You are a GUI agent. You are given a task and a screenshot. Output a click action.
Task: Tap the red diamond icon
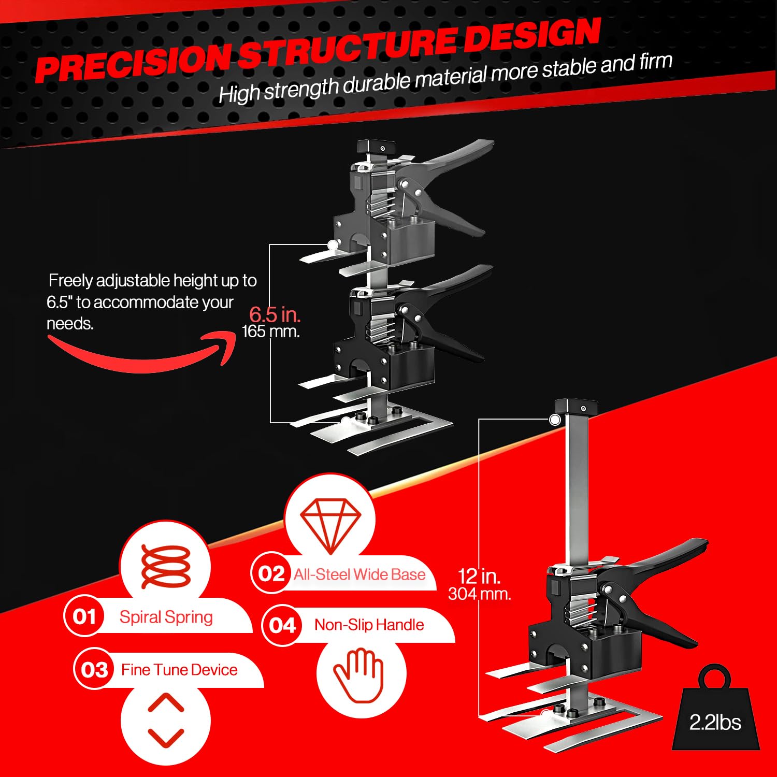tap(330, 525)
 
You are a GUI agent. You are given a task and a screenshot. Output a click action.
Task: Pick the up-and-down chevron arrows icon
tap(166, 720)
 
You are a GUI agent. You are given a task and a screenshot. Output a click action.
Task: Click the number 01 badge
tap(84, 616)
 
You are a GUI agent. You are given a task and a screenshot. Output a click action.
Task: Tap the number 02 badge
tap(271, 573)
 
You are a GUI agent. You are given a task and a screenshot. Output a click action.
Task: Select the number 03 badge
tap(94, 670)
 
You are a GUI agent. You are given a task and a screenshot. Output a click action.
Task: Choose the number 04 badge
tap(282, 625)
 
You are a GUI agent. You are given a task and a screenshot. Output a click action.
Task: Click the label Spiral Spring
tap(166, 617)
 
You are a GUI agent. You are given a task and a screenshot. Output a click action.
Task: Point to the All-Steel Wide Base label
tap(359, 574)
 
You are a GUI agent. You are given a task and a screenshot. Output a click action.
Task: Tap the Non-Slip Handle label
tap(369, 625)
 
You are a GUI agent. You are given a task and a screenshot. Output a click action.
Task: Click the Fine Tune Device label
tap(179, 670)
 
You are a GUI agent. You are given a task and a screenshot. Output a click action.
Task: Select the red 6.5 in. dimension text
tap(275, 314)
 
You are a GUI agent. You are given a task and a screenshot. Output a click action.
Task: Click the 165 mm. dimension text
tap(271, 332)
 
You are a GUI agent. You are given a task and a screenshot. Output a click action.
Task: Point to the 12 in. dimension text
tap(479, 576)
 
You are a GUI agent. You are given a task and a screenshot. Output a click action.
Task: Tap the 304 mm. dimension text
tap(479, 594)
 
